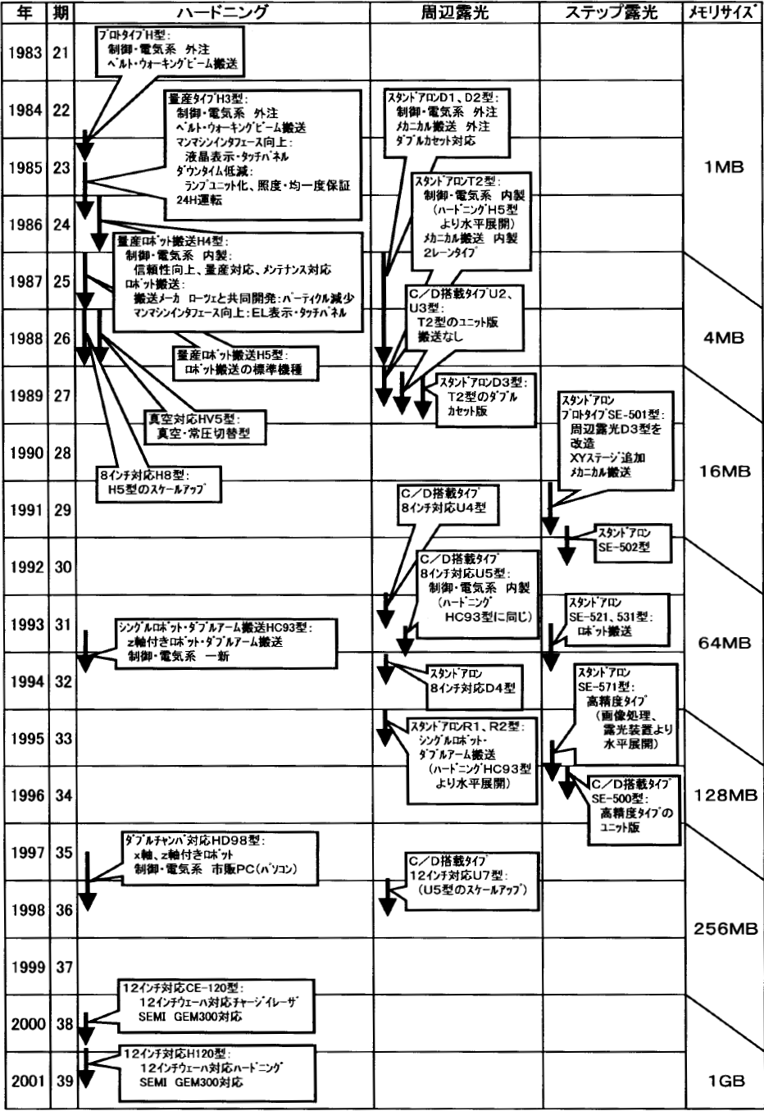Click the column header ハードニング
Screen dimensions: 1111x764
pyautogui.click(x=222, y=12)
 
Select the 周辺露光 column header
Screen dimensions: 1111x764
pyautogui.click(x=453, y=12)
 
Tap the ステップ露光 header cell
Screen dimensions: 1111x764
pyautogui.click(x=611, y=12)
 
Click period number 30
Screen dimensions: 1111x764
pyautogui.click(x=63, y=567)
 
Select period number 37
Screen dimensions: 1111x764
pyautogui.click(x=63, y=967)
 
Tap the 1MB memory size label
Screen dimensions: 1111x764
pyautogui.click(x=722, y=166)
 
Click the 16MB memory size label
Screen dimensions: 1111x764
pyautogui.click(x=722, y=471)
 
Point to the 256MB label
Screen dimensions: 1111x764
pyautogui.click(x=722, y=929)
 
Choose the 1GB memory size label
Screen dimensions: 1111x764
pyautogui.click(x=722, y=1081)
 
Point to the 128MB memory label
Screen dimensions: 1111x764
pyautogui.click(x=722, y=795)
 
